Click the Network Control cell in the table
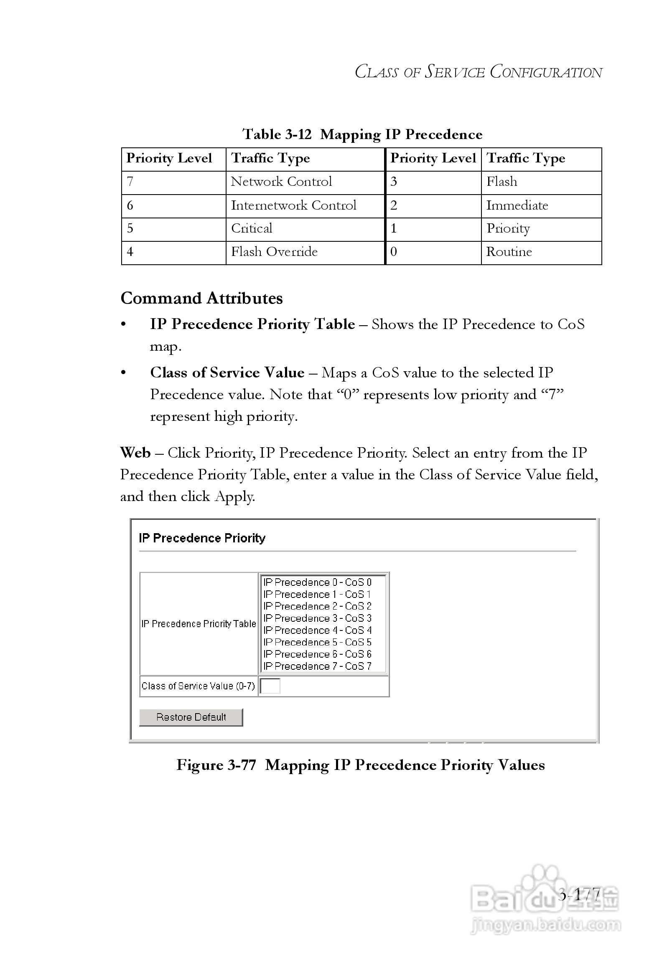tap(281, 182)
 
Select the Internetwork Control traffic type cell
tap(293, 205)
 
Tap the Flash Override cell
tap(274, 252)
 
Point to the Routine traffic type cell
tap(509, 252)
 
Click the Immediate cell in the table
tap(517, 205)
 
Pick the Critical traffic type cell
tap(252, 228)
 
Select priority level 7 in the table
tap(130, 182)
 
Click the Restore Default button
tap(191, 717)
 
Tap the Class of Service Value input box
tap(270, 686)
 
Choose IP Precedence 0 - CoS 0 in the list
tap(317, 582)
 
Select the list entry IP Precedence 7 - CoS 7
tap(317, 666)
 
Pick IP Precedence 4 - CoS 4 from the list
tap(317, 630)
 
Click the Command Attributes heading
tap(201, 299)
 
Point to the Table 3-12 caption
tap(362, 134)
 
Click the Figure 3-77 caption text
tap(360, 765)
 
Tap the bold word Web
tap(135, 453)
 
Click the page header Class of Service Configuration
tap(478, 72)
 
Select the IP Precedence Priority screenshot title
tap(202, 538)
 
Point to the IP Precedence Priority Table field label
tap(199, 624)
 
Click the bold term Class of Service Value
tap(227, 373)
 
